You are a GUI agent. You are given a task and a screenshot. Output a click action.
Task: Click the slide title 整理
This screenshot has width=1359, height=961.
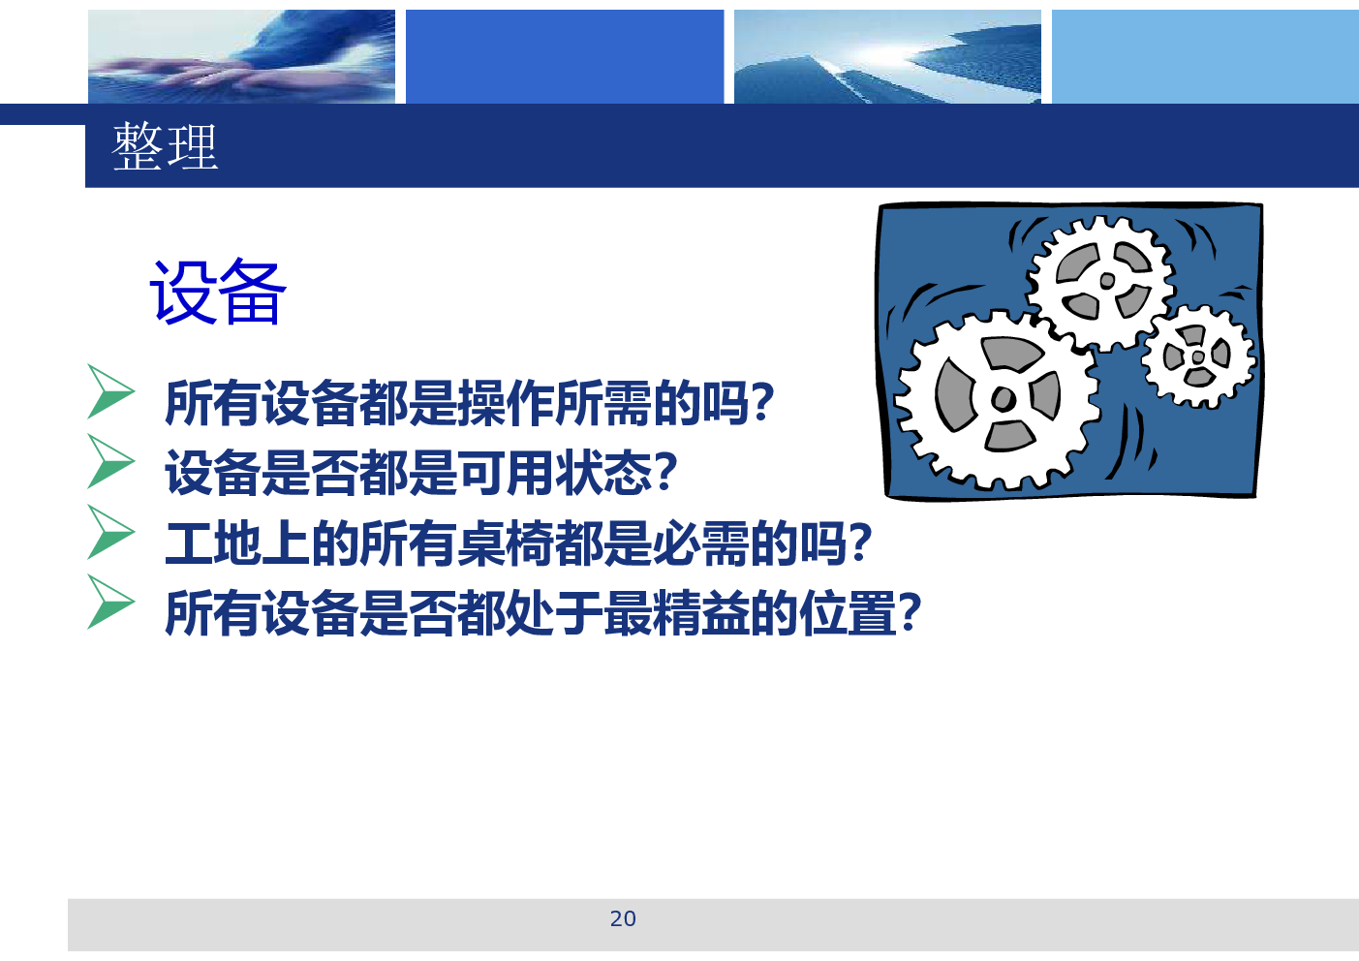[165, 146]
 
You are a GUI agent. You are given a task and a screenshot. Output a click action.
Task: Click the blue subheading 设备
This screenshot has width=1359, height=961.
[217, 292]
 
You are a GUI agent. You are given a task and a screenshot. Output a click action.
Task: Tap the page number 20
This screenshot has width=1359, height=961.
[623, 918]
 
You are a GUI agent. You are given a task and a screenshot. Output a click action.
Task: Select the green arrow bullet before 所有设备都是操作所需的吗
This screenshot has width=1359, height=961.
[110, 391]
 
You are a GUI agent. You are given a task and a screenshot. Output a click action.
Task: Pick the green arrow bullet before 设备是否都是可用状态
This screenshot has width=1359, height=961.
[110, 461]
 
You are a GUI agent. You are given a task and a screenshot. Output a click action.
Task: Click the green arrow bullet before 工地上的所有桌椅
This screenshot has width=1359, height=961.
[110, 532]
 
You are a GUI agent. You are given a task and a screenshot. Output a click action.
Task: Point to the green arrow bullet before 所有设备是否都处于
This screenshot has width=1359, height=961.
[110, 602]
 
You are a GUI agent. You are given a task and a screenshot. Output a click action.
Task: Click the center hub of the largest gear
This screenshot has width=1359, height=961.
[1003, 399]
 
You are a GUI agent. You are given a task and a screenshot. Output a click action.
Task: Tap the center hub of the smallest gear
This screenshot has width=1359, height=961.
[1198, 357]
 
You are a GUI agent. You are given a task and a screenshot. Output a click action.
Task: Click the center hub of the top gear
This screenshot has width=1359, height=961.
[1107, 280]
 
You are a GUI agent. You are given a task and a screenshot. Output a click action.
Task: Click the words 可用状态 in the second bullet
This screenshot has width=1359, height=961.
[554, 473]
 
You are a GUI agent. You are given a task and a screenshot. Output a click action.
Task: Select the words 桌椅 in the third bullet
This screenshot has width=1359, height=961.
[506, 543]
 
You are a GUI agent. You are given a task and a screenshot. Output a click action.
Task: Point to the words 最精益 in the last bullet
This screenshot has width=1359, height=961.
[676, 613]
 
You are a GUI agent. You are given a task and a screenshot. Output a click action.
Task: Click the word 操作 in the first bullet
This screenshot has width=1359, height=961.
[506, 402]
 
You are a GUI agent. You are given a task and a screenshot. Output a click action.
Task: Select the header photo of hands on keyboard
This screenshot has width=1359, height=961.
[241, 56]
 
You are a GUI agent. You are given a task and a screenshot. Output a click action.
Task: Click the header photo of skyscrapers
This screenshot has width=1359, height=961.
[887, 56]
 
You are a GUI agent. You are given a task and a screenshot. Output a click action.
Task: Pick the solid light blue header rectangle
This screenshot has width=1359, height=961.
[1205, 56]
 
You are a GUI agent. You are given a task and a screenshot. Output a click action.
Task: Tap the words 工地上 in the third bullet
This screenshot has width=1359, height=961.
[237, 543]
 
